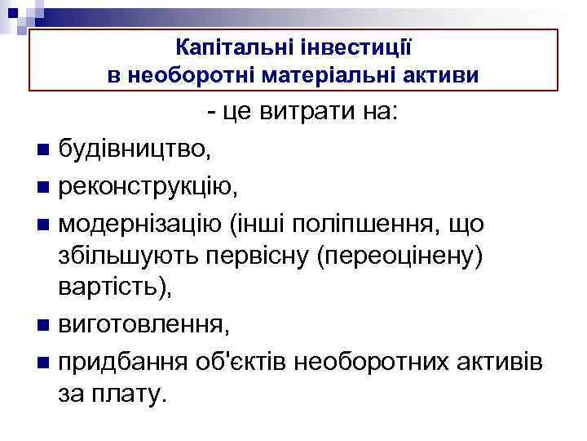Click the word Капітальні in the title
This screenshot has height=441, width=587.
click(x=223, y=49)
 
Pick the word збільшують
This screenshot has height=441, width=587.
click(x=137, y=256)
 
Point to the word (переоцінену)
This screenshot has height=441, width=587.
click(x=399, y=256)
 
